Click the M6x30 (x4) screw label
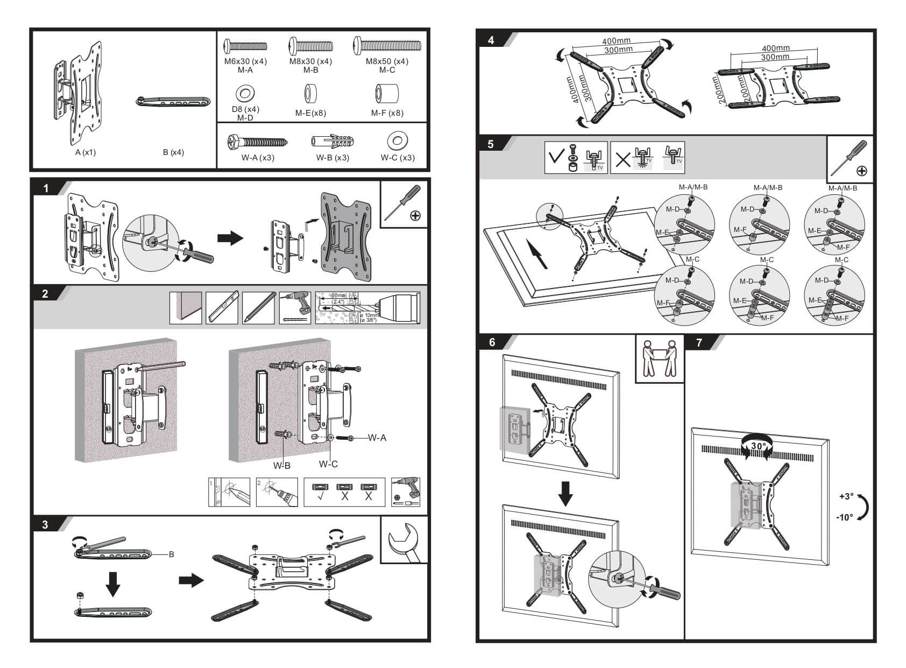pos(245,61)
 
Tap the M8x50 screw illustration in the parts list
pos(386,45)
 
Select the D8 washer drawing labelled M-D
pos(245,94)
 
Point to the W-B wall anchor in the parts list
pos(332,142)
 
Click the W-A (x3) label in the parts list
pos(258,158)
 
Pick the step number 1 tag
pos(46,188)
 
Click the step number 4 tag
pos(491,40)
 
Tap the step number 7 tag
pos(699,342)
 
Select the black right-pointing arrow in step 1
pos(230,237)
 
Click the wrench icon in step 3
pos(404,540)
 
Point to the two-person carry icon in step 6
pos(660,358)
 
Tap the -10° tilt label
pos(845,517)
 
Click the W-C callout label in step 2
pos(328,464)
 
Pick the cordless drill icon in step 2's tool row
pos(295,307)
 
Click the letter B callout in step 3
pos(171,554)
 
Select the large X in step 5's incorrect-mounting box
pos(622,159)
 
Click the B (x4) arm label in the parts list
pos(173,152)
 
